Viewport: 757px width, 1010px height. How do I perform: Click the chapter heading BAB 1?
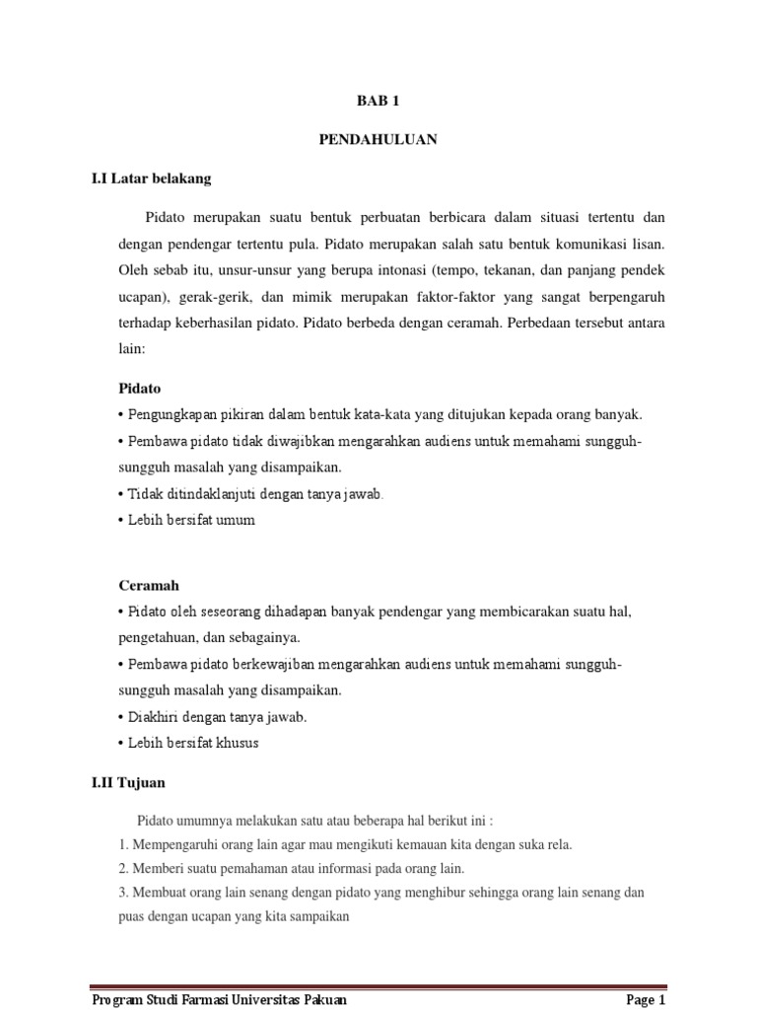378,102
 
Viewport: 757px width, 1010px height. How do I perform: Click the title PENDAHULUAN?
378,140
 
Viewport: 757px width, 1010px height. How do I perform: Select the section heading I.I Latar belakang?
151,180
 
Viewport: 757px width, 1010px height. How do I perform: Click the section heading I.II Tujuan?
128,782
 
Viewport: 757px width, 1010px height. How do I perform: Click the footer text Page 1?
647,1000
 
